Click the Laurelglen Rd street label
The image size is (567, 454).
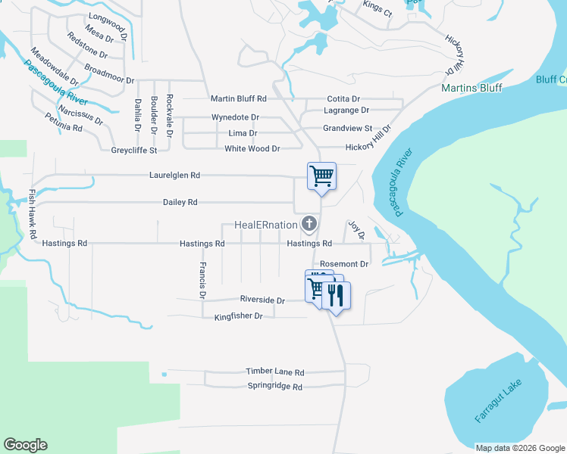[174, 175]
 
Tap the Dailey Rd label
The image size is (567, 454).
[180, 202]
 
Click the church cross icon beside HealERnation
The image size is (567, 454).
[309, 223]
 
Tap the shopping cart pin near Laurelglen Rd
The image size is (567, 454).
[321, 176]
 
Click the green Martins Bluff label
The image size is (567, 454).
[471, 88]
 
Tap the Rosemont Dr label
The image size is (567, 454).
[344, 264]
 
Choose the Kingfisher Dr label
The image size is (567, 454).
[238, 316]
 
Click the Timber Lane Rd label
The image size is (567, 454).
[274, 372]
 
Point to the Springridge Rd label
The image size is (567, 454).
[274, 386]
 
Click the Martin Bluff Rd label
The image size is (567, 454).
[239, 98]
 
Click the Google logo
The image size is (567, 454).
[25, 445]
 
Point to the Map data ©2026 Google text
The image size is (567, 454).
[519, 448]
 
